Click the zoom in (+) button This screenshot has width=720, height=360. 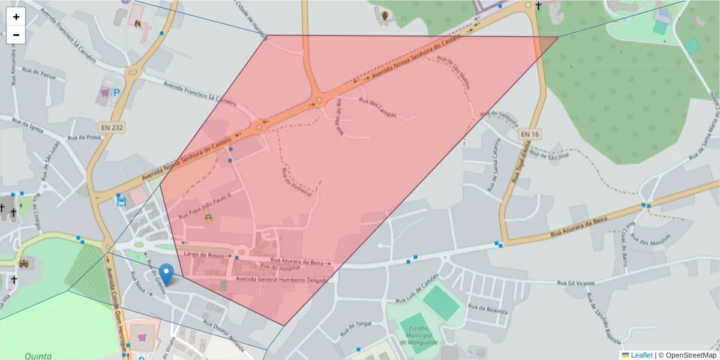tap(16, 17)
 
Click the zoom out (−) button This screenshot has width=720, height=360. tap(16, 35)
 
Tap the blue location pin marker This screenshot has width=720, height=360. tap(165, 274)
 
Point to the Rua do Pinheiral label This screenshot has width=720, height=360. tap(297, 183)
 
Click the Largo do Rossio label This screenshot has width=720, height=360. tap(208, 256)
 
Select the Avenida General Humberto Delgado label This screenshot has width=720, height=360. tap(282, 280)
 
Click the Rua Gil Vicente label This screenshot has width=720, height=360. tap(575, 282)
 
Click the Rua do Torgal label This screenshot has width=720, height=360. tap(356, 328)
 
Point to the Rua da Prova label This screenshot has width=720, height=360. tap(84, 137)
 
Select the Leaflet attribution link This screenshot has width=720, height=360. tap(641, 355)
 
